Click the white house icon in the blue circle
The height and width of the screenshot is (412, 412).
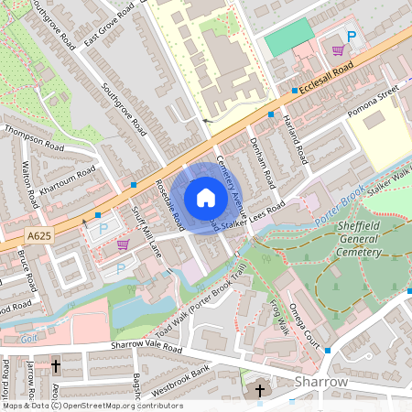(x=206, y=198)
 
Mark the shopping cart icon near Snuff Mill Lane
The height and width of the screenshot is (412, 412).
(x=123, y=244)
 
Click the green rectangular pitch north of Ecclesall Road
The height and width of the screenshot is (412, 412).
(x=288, y=38)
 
